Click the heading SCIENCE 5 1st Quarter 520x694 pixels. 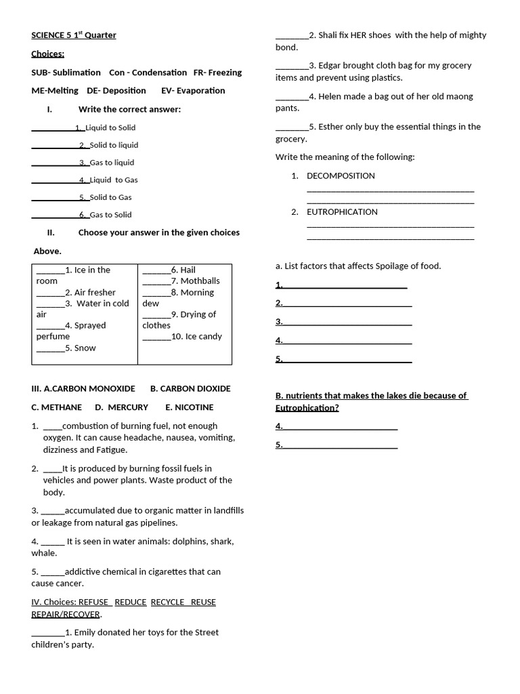74,35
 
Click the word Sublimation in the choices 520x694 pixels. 77,73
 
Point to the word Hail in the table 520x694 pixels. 188,270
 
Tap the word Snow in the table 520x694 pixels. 85,348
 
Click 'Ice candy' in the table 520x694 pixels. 203,337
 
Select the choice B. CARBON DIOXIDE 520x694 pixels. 190,389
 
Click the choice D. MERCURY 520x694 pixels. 121,407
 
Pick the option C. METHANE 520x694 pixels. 56,407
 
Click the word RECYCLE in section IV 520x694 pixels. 168,602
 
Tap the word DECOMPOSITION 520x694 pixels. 341,176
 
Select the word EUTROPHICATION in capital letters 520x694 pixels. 342,212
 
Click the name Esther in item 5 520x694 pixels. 332,127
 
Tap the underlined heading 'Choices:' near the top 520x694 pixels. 47,54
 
